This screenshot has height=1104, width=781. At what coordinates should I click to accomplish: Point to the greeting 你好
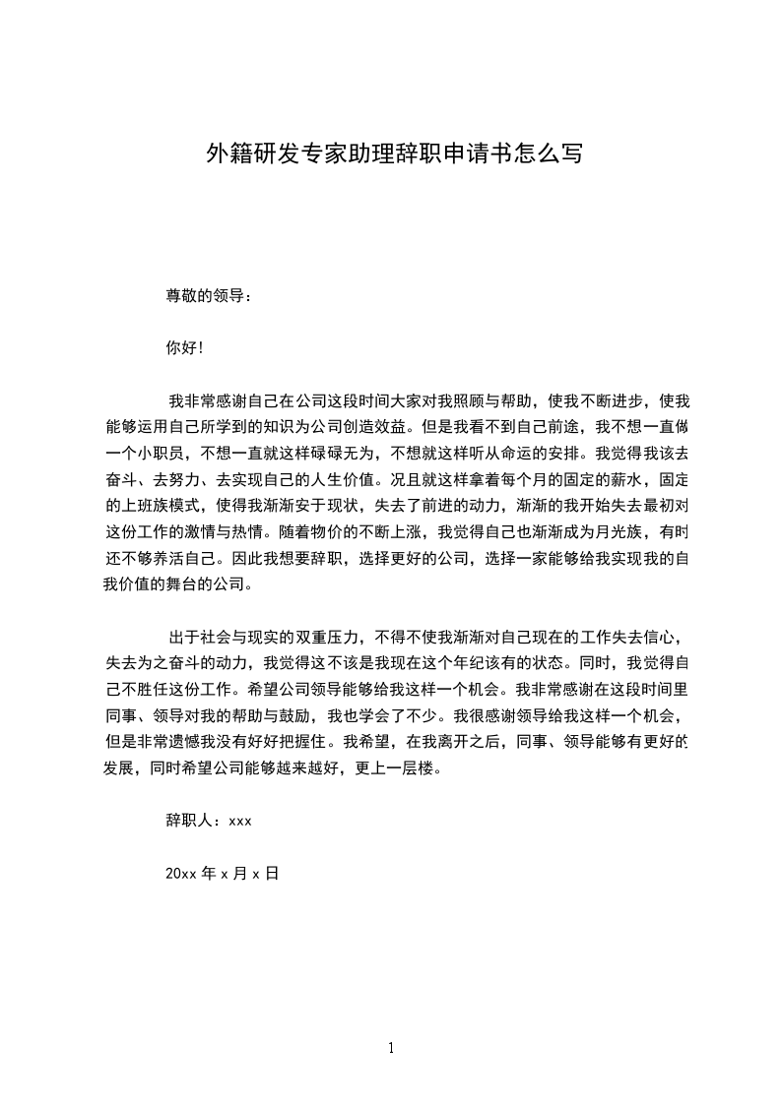coord(181,347)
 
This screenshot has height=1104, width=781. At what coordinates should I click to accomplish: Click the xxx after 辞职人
coord(241,820)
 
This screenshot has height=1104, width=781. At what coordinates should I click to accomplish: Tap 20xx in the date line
coord(181,872)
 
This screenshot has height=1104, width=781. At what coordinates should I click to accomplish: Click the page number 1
coord(391,1049)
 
